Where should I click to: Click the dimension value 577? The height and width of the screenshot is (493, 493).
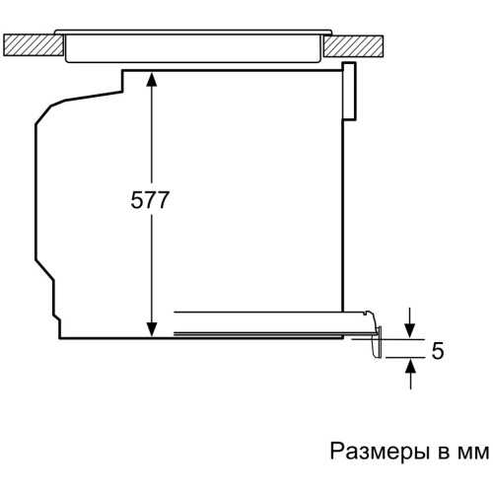(150, 199)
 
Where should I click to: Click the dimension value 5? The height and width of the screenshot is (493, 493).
(438, 350)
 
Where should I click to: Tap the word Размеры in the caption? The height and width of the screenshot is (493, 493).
(380, 452)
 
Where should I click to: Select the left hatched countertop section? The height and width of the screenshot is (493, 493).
(34, 44)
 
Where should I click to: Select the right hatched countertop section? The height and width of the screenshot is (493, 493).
(354, 44)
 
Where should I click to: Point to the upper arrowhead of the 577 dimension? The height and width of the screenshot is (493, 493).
(151, 79)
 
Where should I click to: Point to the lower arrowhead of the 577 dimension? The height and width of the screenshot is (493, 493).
(151, 329)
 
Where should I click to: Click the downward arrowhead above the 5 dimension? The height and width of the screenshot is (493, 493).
(410, 330)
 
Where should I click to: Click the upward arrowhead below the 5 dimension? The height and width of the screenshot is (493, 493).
(410, 366)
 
